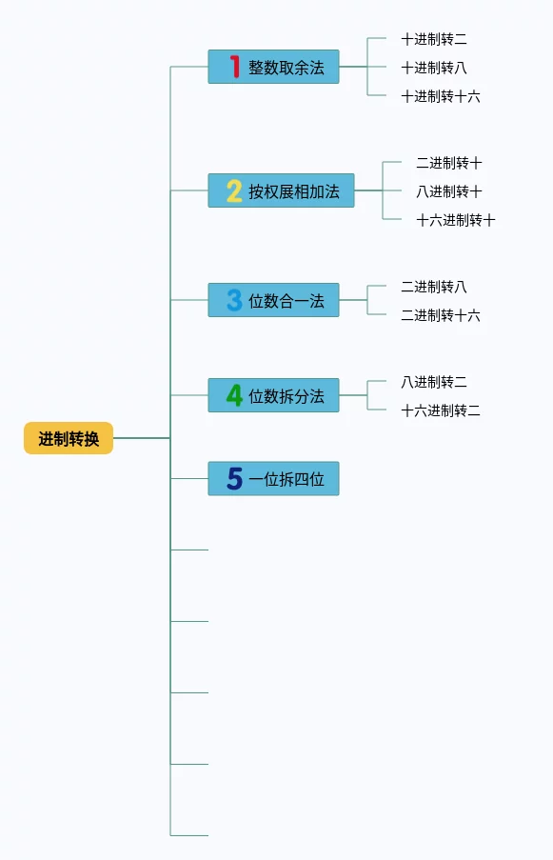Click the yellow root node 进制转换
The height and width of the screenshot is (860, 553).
(69, 438)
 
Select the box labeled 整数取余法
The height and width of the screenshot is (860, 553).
(273, 67)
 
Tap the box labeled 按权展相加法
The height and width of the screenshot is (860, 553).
(281, 190)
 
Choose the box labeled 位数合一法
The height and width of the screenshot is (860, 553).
(273, 300)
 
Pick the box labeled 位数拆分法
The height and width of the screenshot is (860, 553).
(273, 395)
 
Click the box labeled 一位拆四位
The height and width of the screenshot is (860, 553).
(273, 479)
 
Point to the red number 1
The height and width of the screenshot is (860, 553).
(234, 67)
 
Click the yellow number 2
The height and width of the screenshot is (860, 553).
(234, 190)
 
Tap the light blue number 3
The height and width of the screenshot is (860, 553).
(234, 300)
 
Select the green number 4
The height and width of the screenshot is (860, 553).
(234, 395)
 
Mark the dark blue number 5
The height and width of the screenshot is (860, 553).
(234, 479)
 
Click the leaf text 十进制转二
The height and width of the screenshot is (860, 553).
(434, 39)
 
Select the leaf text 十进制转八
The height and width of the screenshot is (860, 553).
(434, 68)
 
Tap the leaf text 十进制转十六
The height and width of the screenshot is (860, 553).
(441, 96)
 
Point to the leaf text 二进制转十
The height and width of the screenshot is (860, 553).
(449, 163)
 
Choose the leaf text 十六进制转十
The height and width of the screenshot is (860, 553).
(456, 220)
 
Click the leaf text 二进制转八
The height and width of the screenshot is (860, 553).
(434, 287)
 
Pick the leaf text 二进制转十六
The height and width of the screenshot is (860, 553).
(441, 315)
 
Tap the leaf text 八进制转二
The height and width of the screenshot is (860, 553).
(434, 382)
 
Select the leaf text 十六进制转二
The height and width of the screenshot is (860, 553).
(441, 410)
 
